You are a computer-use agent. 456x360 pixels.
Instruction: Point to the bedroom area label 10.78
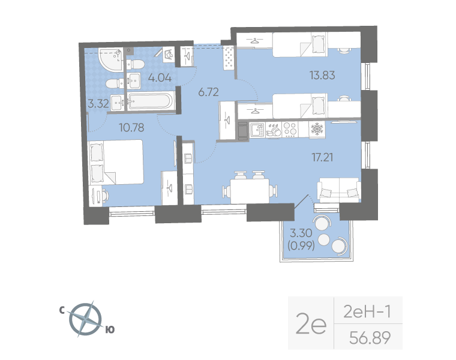click(115, 127)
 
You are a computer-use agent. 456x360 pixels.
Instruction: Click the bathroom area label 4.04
click(160, 77)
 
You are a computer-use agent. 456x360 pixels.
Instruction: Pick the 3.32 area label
click(98, 103)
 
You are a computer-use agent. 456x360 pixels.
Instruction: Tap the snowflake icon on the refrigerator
click(316, 129)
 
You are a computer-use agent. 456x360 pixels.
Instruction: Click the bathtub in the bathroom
click(150, 101)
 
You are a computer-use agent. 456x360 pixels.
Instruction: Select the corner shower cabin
click(108, 61)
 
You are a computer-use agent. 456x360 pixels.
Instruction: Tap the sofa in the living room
click(339, 189)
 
